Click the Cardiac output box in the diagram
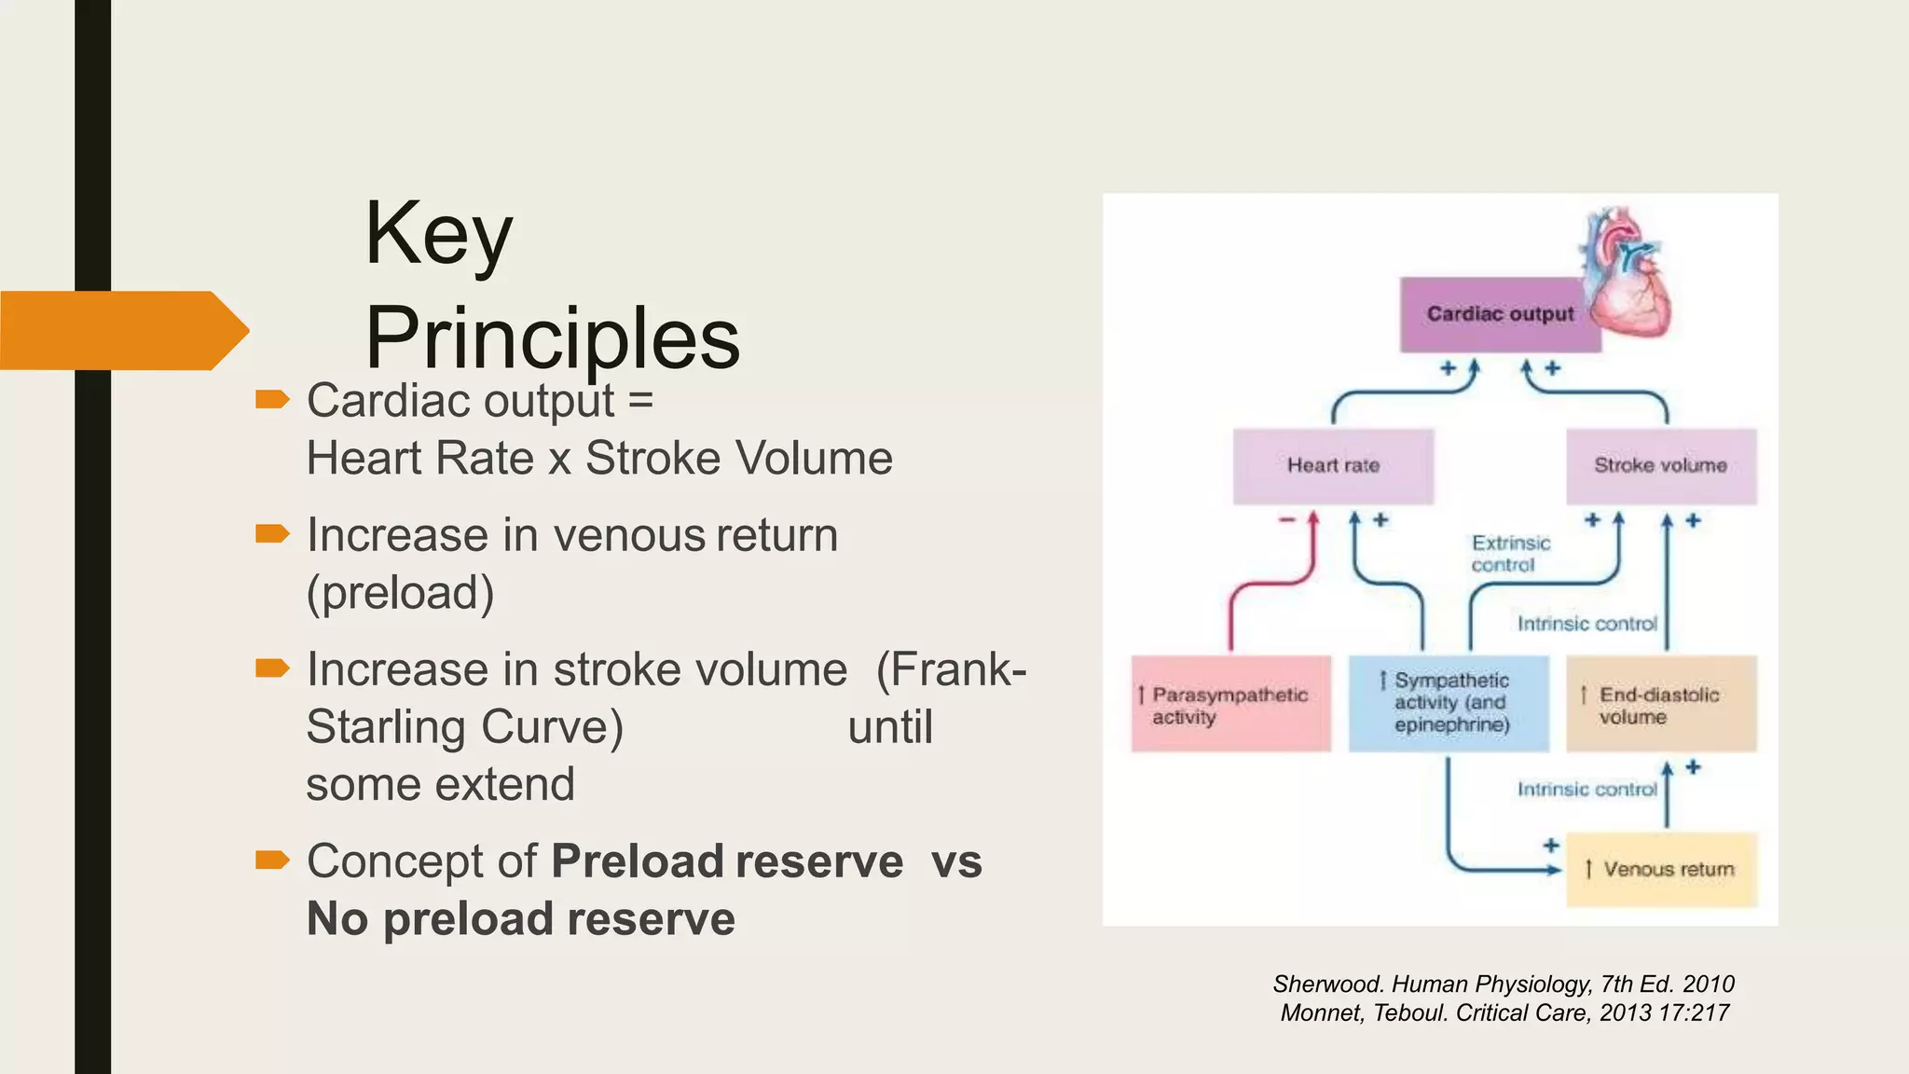pos(1499,314)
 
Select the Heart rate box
pos(1333,465)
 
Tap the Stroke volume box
pos(1660,465)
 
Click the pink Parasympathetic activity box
pos(1230,705)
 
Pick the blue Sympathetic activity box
pos(1449,703)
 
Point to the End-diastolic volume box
pos(1660,705)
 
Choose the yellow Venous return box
pos(1661,869)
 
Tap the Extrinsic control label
pos(1510,554)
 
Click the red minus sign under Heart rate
pos(1287,520)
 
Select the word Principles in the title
pos(552,337)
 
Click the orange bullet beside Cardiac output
pos(272,400)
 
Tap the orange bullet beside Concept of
pos(272,860)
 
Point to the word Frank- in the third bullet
pos(951,669)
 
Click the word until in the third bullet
pos(889,727)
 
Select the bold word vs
pos(956,861)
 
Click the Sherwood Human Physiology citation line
pos(1503,984)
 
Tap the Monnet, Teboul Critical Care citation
pos(1504,1012)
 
